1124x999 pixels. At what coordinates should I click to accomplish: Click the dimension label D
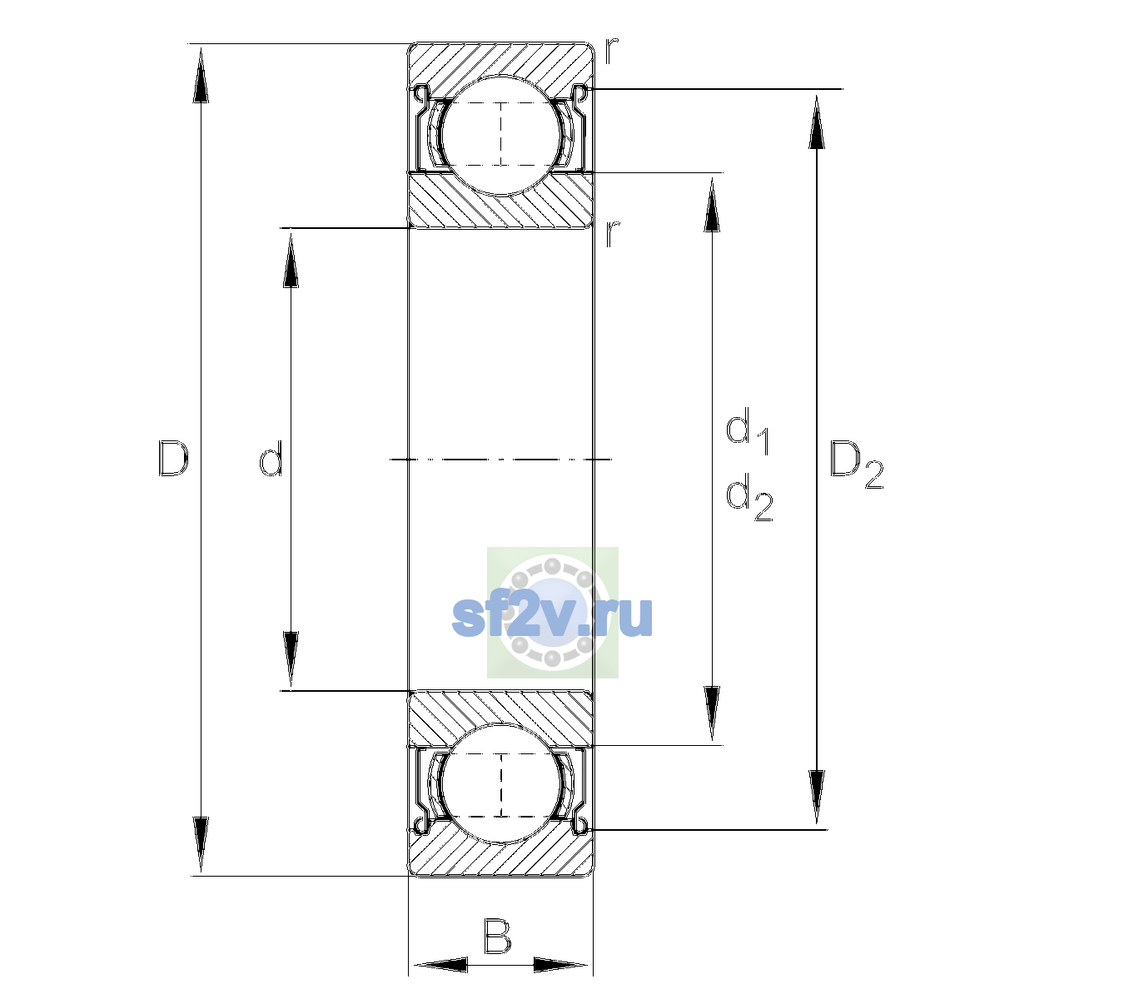(173, 458)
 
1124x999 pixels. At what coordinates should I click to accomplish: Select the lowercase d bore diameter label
(271, 458)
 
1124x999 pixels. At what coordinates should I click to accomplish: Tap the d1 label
(747, 431)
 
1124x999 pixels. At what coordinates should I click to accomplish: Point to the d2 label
(749, 496)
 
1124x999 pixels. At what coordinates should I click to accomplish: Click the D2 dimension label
(856, 465)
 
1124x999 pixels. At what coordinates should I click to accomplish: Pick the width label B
(497, 937)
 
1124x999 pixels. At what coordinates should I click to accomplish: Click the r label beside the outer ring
(611, 51)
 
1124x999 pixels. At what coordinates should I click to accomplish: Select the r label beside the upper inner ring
(612, 233)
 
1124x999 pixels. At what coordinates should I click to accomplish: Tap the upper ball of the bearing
(501, 135)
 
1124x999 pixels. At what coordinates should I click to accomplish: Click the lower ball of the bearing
(501, 784)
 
